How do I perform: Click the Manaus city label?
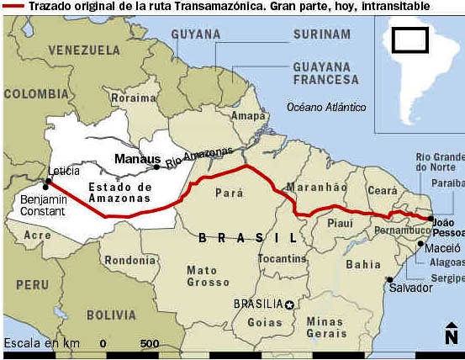pos(137,158)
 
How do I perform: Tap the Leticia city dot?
pos(47,181)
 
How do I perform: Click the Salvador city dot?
pos(389,280)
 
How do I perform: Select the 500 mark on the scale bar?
pos(150,343)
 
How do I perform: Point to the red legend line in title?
pos(13,7)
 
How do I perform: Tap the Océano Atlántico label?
pos(326,107)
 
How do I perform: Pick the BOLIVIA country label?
pos(111,314)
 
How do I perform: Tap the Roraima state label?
pos(129,98)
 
